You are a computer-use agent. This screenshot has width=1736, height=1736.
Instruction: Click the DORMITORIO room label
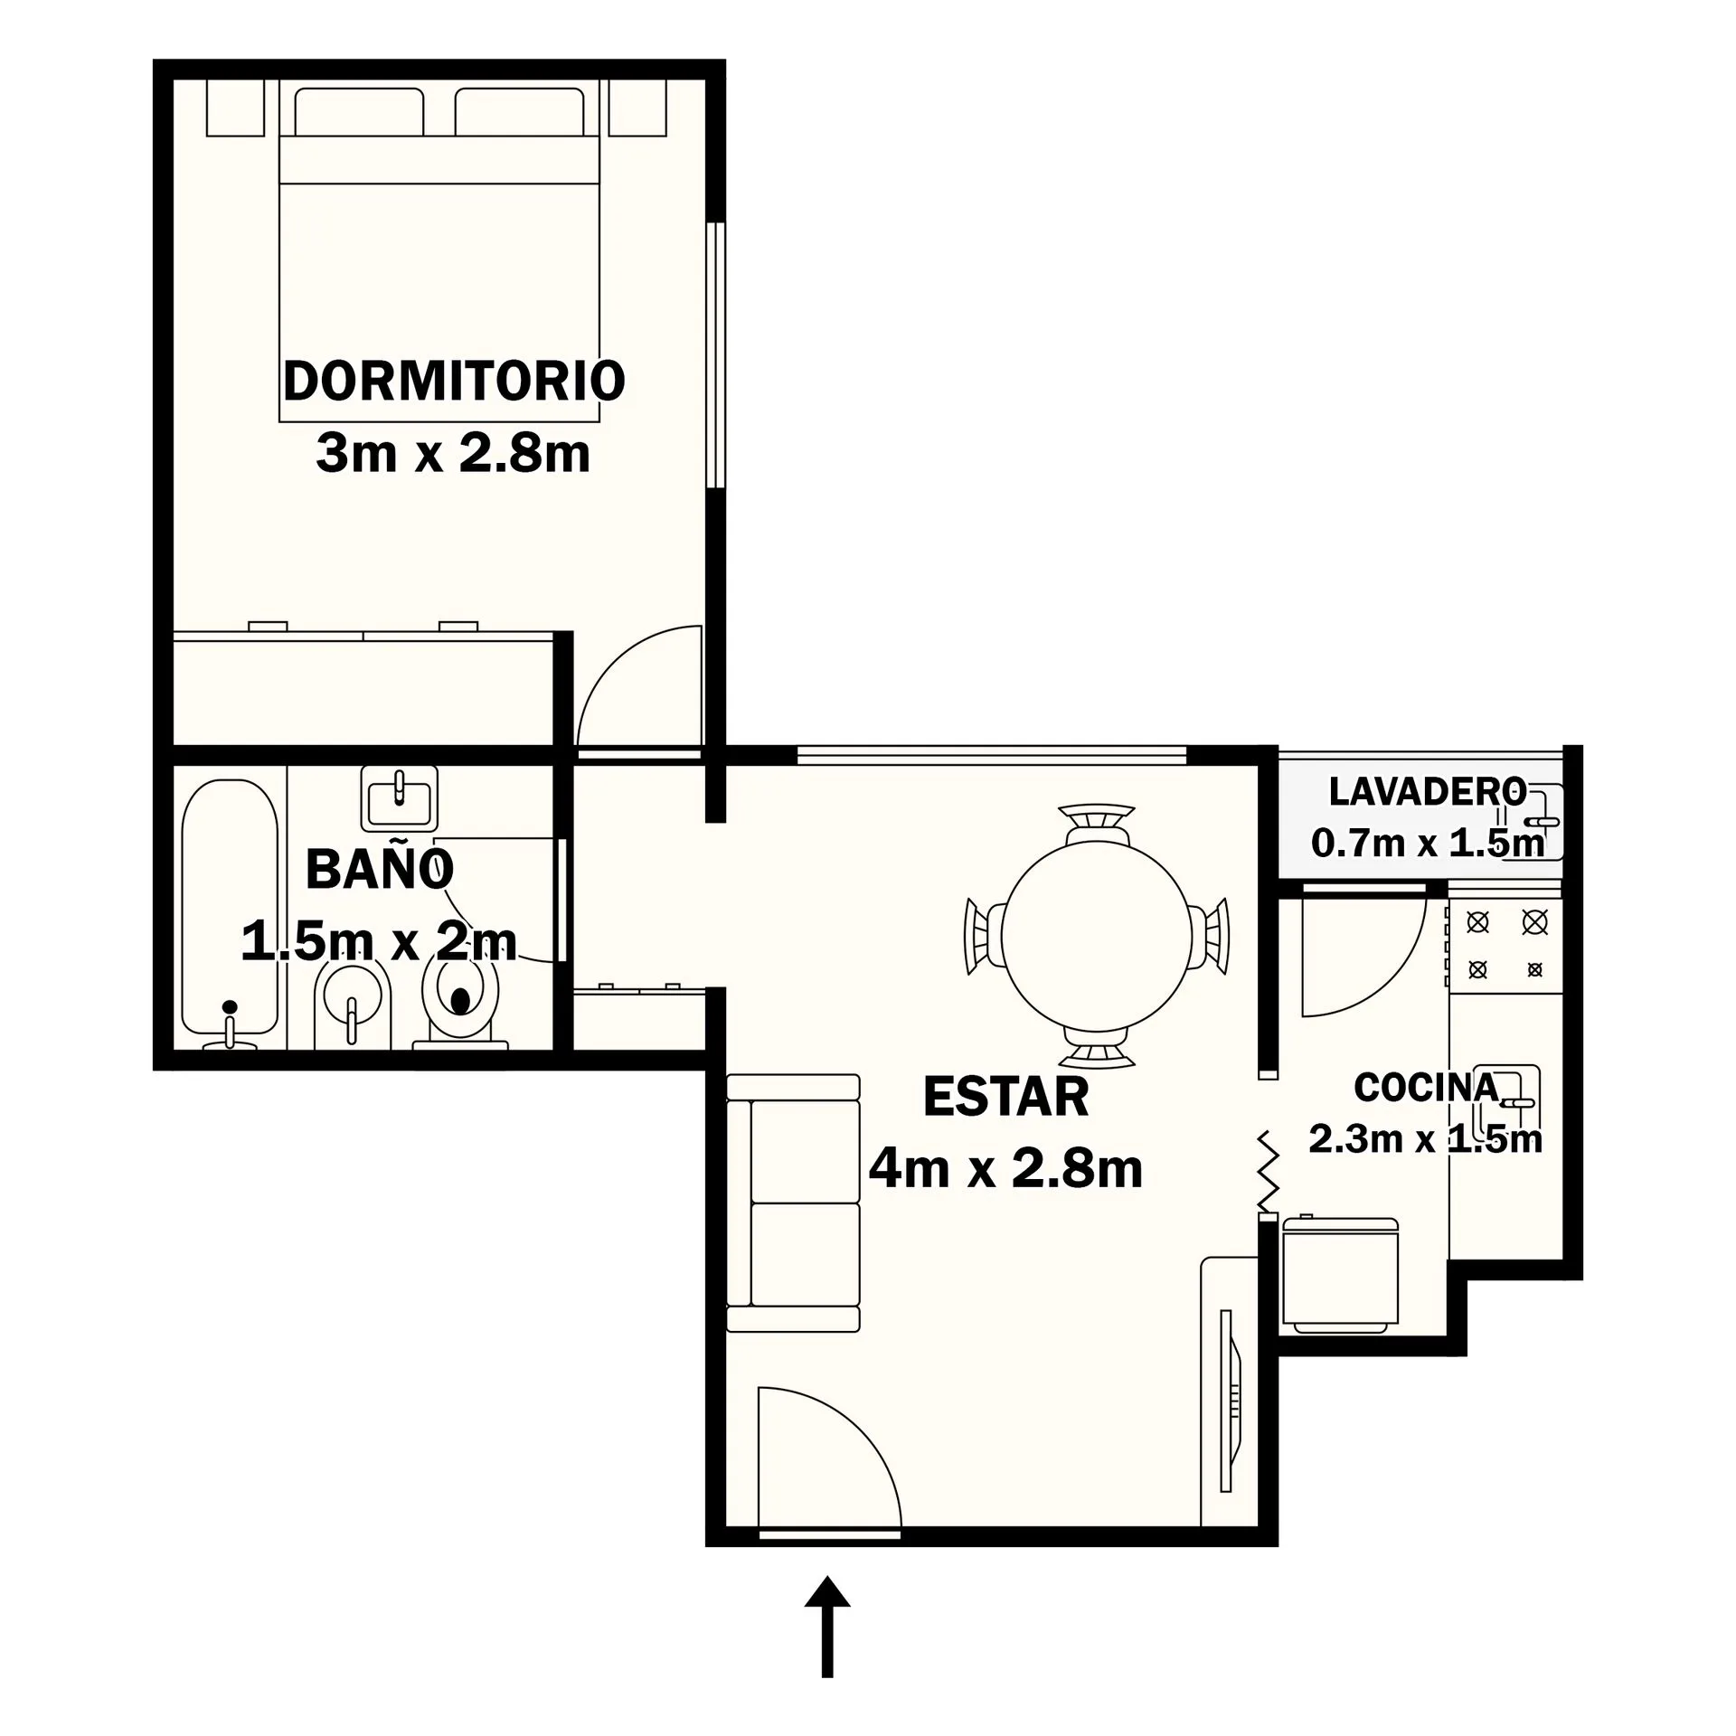click(454, 381)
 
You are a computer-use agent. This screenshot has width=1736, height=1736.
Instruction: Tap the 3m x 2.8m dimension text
click(453, 453)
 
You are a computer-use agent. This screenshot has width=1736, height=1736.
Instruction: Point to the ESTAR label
click(1005, 1097)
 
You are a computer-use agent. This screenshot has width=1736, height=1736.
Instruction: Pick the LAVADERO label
click(1428, 791)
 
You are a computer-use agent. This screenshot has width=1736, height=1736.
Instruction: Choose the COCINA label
click(1427, 1088)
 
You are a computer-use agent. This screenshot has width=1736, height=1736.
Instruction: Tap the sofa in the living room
click(793, 1203)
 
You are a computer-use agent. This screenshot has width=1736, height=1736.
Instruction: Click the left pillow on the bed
click(359, 112)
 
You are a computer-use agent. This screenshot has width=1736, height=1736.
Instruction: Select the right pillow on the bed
click(519, 112)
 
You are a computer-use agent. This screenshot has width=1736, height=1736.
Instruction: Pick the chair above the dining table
click(1098, 823)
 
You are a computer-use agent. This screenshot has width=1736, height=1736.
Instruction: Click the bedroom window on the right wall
click(716, 355)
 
